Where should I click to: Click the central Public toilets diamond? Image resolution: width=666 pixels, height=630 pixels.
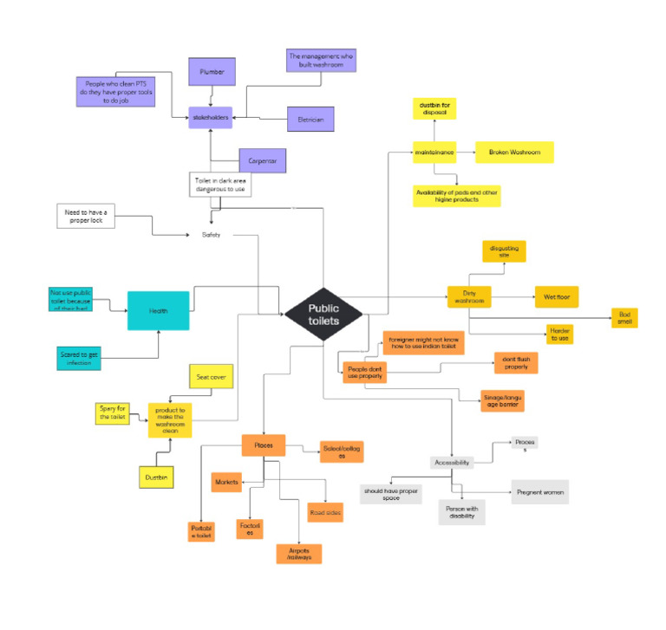[323, 313]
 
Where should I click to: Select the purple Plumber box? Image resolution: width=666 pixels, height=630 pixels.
[212, 72]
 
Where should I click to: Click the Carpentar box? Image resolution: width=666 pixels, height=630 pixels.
[262, 160]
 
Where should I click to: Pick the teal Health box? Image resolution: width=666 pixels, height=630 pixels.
[158, 310]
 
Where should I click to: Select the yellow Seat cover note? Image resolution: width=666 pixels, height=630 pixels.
[212, 377]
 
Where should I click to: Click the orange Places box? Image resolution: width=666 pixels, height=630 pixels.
[264, 445]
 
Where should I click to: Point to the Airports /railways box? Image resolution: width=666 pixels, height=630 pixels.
[299, 553]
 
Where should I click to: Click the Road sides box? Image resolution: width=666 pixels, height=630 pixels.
[325, 513]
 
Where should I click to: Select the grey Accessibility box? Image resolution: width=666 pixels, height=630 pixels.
[452, 463]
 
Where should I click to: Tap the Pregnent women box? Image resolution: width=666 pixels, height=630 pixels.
[540, 491]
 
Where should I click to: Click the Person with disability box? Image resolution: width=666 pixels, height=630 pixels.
[462, 510]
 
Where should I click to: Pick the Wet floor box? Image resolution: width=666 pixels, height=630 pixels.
[556, 296]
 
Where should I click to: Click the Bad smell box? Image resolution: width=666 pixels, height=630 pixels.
[624, 318]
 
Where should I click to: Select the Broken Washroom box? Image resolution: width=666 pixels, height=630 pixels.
[514, 153]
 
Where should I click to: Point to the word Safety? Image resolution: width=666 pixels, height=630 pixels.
[212, 234]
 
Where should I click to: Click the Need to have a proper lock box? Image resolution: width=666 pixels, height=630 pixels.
[85, 216]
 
